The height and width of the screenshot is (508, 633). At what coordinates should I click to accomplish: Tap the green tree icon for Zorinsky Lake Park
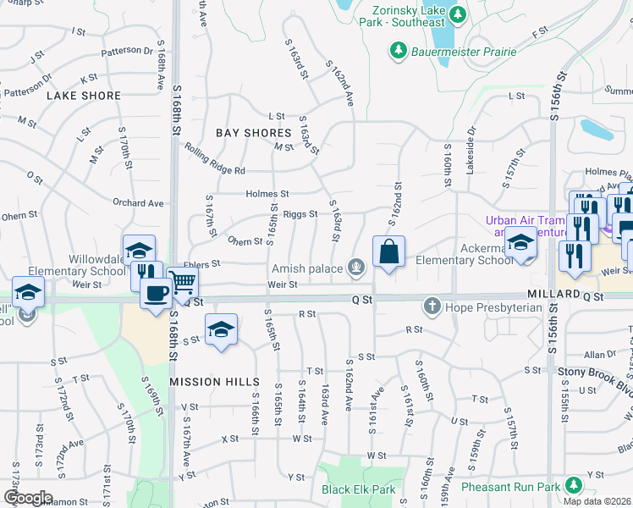click(x=458, y=14)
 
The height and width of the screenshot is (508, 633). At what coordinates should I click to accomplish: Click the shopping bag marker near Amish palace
click(x=388, y=251)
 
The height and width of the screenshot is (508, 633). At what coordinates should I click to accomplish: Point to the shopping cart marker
click(x=183, y=282)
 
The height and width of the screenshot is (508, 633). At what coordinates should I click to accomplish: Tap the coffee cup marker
click(x=155, y=293)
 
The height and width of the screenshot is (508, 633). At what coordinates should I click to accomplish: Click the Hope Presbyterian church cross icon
click(x=432, y=305)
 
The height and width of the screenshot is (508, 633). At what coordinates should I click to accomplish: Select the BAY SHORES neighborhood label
click(x=253, y=133)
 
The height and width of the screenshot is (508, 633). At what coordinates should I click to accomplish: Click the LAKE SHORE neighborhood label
click(x=84, y=96)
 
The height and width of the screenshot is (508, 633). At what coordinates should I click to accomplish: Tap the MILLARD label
click(x=552, y=292)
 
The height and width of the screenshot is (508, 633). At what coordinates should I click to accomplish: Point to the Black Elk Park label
click(x=358, y=489)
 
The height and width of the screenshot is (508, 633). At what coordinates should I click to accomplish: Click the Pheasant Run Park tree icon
click(x=574, y=485)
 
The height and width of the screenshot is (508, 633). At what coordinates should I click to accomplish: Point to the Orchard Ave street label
click(x=138, y=203)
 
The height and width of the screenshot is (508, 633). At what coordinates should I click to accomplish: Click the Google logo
click(x=28, y=498)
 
